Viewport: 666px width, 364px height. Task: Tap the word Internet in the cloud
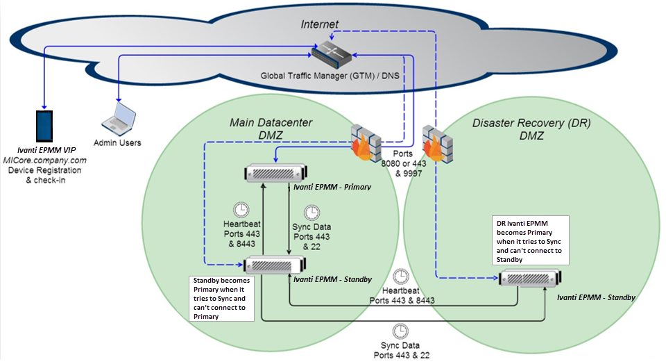pyautogui.click(x=319, y=24)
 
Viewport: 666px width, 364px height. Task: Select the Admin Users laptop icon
pyautogui.click(x=117, y=118)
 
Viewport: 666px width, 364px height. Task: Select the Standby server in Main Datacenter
pyautogui.click(x=275, y=265)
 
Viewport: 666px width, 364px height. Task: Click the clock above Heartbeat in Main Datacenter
pyautogui.click(x=242, y=209)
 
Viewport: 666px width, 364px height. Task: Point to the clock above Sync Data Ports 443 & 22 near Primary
pyautogui.click(x=312, y=211)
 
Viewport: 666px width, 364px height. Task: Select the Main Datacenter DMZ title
pyautogui.click(x=271, y=129)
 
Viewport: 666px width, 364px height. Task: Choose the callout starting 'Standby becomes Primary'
pyautogui.click(x=221, y=298)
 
